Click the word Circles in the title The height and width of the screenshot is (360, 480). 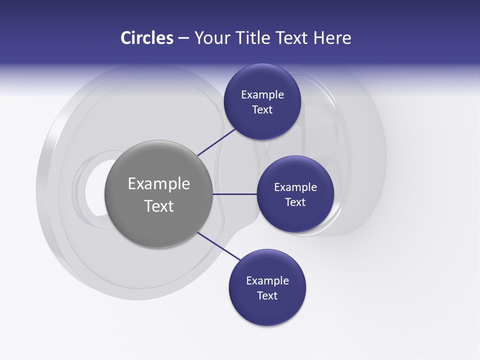(147, 38)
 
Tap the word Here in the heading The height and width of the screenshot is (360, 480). (332, 38)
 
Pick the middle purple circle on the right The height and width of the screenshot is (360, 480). (295, 217)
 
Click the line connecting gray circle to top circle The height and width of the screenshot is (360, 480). (217, 141)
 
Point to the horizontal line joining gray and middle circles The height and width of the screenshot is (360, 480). (234, 194)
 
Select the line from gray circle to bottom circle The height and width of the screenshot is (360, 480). (218, 246)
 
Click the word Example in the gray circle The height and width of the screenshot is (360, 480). (159, 184)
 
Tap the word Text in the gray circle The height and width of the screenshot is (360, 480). (159, 206)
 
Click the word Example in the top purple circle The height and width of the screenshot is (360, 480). (262, 95)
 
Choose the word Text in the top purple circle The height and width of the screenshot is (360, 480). (262, 110)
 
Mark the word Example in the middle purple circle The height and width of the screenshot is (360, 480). (295, 187)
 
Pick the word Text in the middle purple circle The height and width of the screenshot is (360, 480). (295, 202)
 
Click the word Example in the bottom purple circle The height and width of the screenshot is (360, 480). (267, 281)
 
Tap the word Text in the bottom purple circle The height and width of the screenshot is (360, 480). (267, 296)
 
